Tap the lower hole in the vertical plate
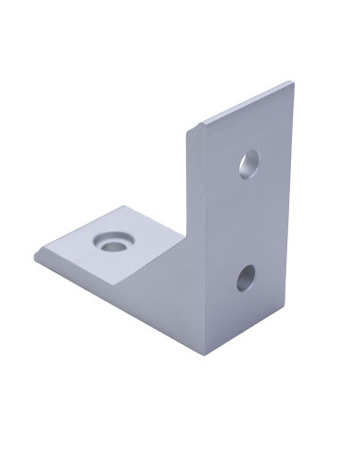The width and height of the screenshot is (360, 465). pyautogui.click(x=247, y=278)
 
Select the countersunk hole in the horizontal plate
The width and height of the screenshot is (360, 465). pyautogui.click(x=112, y=243)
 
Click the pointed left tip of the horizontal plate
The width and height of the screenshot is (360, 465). pyautogui.click(x=36, y=257)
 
